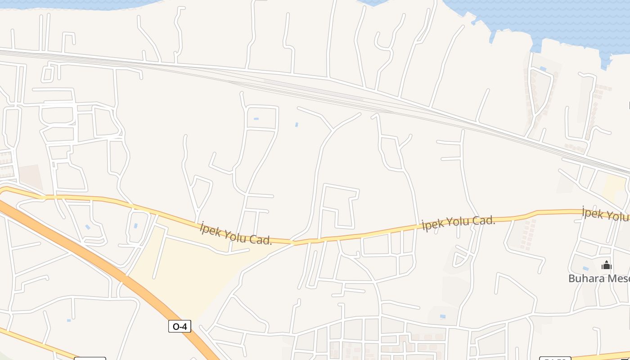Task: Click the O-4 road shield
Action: coord(180,326)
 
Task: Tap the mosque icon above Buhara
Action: coord(606,265)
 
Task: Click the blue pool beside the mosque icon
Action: coord(585,268)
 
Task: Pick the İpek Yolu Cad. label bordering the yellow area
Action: coord(236,233)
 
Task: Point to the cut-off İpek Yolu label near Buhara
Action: coord(605,214)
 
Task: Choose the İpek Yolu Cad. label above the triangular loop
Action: coord(458,223)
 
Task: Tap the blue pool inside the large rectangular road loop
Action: coord(256,119)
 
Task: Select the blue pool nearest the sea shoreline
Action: coord(543,68)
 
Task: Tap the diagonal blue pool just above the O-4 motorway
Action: coord(88,227)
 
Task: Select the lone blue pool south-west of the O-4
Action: coord(69,320)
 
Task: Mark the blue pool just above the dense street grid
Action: coord(443,316)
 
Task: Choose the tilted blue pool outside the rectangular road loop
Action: coord(297,124)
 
